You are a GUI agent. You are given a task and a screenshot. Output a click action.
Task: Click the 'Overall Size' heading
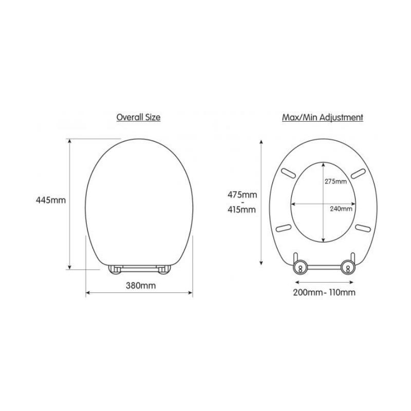tap(138, 117)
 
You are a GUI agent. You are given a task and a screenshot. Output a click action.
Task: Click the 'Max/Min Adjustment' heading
tap(323, 117)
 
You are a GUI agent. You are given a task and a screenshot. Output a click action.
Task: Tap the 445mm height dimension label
tap(51, 200)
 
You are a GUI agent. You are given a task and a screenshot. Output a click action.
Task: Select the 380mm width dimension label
tap(141, 285)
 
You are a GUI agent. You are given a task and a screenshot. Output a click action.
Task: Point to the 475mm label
tap(242, 195)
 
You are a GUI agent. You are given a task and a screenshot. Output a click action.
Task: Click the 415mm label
tap(241, 210)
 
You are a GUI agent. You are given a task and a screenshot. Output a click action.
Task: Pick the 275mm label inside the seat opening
tap(336, 181)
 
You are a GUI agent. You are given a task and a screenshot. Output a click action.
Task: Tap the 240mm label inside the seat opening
tap(341, 209)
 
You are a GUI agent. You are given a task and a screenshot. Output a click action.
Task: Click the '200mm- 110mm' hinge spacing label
tap(324, 292)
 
